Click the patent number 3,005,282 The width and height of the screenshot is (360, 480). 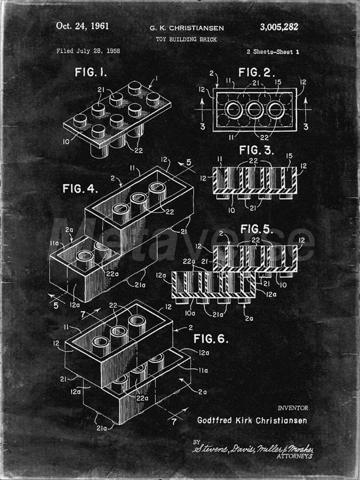[279, 27]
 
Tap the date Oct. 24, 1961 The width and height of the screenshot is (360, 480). [82, 26]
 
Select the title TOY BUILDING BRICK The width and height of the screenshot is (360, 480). [187, 40]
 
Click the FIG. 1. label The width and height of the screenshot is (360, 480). [91, 73]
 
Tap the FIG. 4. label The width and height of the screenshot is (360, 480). [80, 189]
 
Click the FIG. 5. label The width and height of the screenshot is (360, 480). [256, 229]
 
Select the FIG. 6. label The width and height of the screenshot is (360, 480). [211, 338]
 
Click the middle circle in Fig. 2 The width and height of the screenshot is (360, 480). [255, 110]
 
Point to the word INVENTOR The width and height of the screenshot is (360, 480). [293, 408]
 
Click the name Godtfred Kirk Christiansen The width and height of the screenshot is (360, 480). [252, 420]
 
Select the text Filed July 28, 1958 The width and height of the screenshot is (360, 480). [88, 51]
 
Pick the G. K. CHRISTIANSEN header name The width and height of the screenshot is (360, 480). [187, 28]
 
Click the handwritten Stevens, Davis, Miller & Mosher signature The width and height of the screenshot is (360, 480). [253, 448]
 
